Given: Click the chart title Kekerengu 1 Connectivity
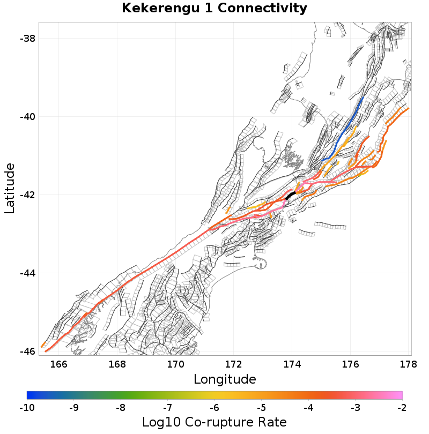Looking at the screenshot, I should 214,9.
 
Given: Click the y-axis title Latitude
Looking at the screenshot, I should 10,189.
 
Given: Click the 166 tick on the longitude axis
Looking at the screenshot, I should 59,365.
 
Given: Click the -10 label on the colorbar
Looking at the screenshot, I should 27,408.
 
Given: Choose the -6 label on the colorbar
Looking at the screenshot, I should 214,408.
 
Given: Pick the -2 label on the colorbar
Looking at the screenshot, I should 402,408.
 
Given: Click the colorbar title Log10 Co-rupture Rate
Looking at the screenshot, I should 214,422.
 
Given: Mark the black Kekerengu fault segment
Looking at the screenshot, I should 290,196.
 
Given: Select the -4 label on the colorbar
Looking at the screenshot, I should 308,408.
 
